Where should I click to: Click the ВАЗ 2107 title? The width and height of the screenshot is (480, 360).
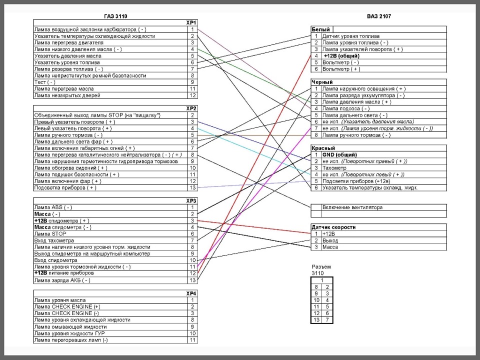tap(378, 16)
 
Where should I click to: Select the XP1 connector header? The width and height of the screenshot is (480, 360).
tap(191, 23)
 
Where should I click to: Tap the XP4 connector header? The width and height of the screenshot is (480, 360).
tap(191, 293)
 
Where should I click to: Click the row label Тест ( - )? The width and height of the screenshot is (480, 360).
tap(45, 82)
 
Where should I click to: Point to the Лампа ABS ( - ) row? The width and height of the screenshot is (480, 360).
tap(52, 207)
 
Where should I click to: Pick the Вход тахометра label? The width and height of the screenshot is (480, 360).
tap(54, 240)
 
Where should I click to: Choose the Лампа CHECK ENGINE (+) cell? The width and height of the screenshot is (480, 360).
tap(66, 306)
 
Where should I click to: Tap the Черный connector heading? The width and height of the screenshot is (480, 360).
tap(322, 82)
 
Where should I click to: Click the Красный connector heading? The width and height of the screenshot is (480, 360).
tap(323, 148)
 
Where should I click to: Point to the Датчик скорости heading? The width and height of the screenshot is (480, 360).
tap(333, 227)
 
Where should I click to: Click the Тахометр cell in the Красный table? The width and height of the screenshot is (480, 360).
tap(334, 168)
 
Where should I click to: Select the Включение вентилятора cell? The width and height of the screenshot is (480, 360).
tap(352, 207)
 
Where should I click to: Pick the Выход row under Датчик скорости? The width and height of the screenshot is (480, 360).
tap(330, 240)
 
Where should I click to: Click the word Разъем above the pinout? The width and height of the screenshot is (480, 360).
tap(320, 267)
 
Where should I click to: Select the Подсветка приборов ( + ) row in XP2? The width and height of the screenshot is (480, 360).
tap(65, 188)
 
